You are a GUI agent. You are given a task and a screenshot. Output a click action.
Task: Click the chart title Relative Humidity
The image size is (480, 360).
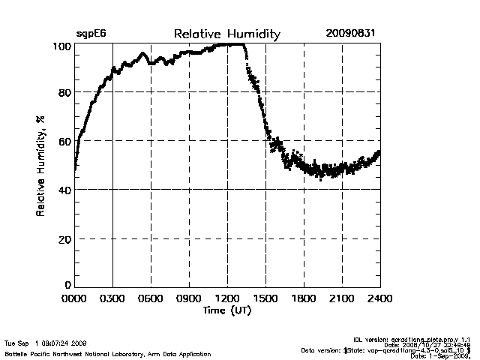tap(227, 34)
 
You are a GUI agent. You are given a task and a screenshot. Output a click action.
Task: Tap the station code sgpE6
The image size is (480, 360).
tap(91, 34)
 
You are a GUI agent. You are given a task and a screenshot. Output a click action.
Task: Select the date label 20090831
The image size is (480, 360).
tap(351, 34)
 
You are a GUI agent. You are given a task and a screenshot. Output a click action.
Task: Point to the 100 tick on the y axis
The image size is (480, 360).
tap(61, 46)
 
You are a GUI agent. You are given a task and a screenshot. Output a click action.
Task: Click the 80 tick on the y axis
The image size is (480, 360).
tap(64, 93)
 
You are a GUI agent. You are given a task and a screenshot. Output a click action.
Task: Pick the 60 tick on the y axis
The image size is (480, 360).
tap(64, 141)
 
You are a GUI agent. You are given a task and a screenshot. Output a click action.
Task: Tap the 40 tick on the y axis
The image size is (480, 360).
tap(64, 190)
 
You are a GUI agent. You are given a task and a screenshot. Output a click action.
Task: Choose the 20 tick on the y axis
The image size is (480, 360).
tap(64, 238)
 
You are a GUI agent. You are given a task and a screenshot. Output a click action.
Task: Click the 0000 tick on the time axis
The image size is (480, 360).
tap(74, 299)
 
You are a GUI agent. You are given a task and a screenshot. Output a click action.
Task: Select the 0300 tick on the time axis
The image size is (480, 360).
tap(112, 299)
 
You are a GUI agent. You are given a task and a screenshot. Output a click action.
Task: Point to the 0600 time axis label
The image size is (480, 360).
tap(151, 299)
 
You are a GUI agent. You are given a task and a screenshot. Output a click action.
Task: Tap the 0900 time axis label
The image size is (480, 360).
tap(189, 299)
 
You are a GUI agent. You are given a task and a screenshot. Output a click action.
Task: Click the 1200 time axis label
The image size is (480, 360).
tap(227, 299)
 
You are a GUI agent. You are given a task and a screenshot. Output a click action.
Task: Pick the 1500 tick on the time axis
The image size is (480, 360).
tap(265, 299)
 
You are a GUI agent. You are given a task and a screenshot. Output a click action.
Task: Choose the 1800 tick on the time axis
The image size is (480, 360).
tap(304, 299)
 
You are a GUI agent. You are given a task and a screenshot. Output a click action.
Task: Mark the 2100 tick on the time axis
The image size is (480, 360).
tap(342, 299)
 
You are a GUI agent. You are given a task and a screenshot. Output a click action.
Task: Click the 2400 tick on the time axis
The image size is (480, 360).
tap(379, 299)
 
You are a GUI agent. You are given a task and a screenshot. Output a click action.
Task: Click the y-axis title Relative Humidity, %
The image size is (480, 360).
tap(40, 165)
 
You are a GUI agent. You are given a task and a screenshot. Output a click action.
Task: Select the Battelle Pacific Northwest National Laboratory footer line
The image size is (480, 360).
tap(107, 353)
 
